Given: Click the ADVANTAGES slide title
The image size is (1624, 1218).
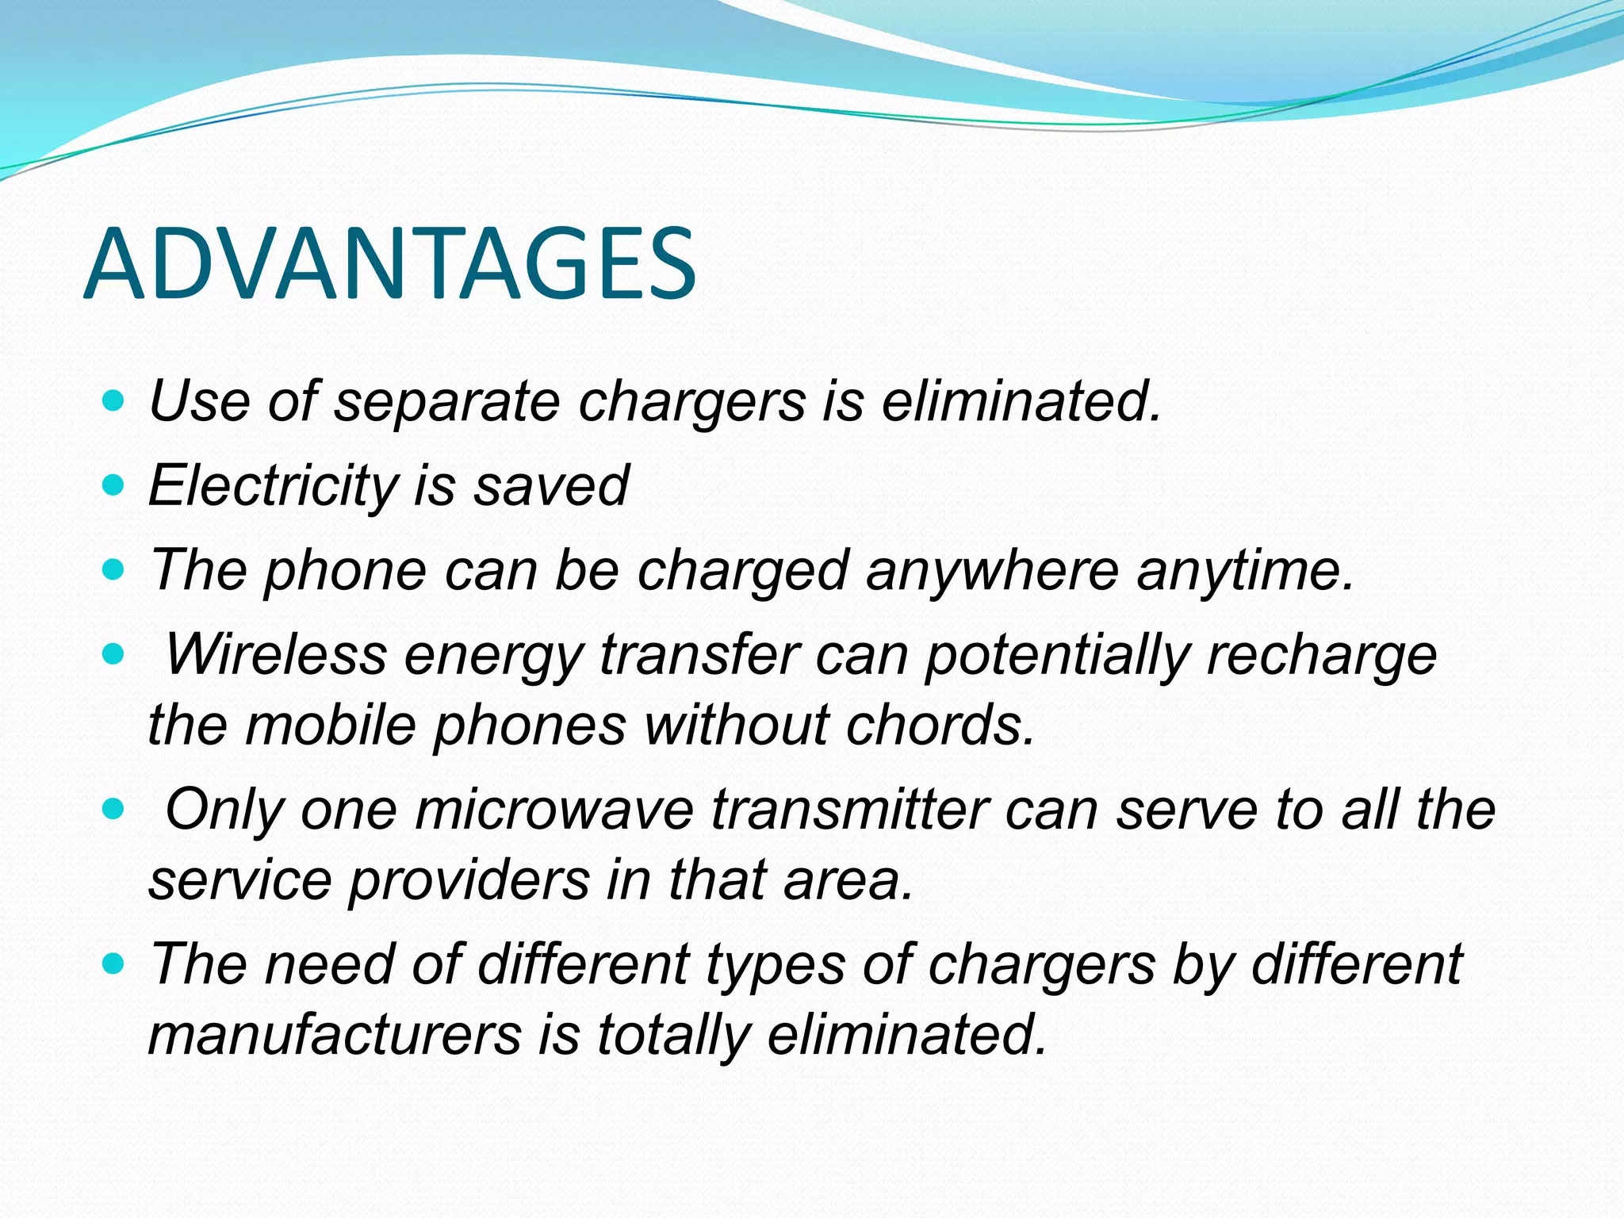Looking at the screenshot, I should [389, 264].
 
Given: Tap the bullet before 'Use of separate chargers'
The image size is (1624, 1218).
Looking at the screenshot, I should [114, 400].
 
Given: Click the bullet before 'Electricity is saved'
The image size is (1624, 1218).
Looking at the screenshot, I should [114, 485].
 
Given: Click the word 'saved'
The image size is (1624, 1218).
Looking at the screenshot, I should [551, 485].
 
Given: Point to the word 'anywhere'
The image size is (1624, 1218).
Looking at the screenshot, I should [992, 570].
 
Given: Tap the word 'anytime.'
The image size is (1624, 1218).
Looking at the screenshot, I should [1246, 570].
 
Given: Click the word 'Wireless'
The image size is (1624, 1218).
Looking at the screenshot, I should [275, 655].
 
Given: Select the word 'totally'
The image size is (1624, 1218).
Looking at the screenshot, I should [673, 1035].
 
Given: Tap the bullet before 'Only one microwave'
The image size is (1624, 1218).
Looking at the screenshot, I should [114, 809].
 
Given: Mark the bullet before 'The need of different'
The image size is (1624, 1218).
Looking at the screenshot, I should [114, 963].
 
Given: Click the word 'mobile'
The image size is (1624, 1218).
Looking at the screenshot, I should [331, 725].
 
